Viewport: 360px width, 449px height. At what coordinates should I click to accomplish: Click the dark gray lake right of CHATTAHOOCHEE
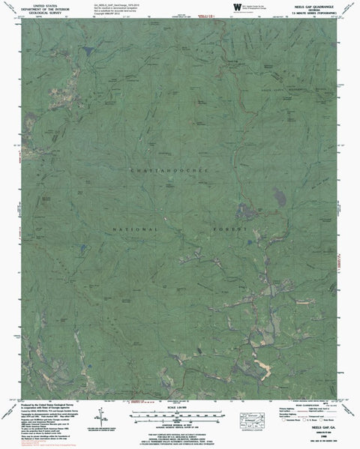point(280,198)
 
